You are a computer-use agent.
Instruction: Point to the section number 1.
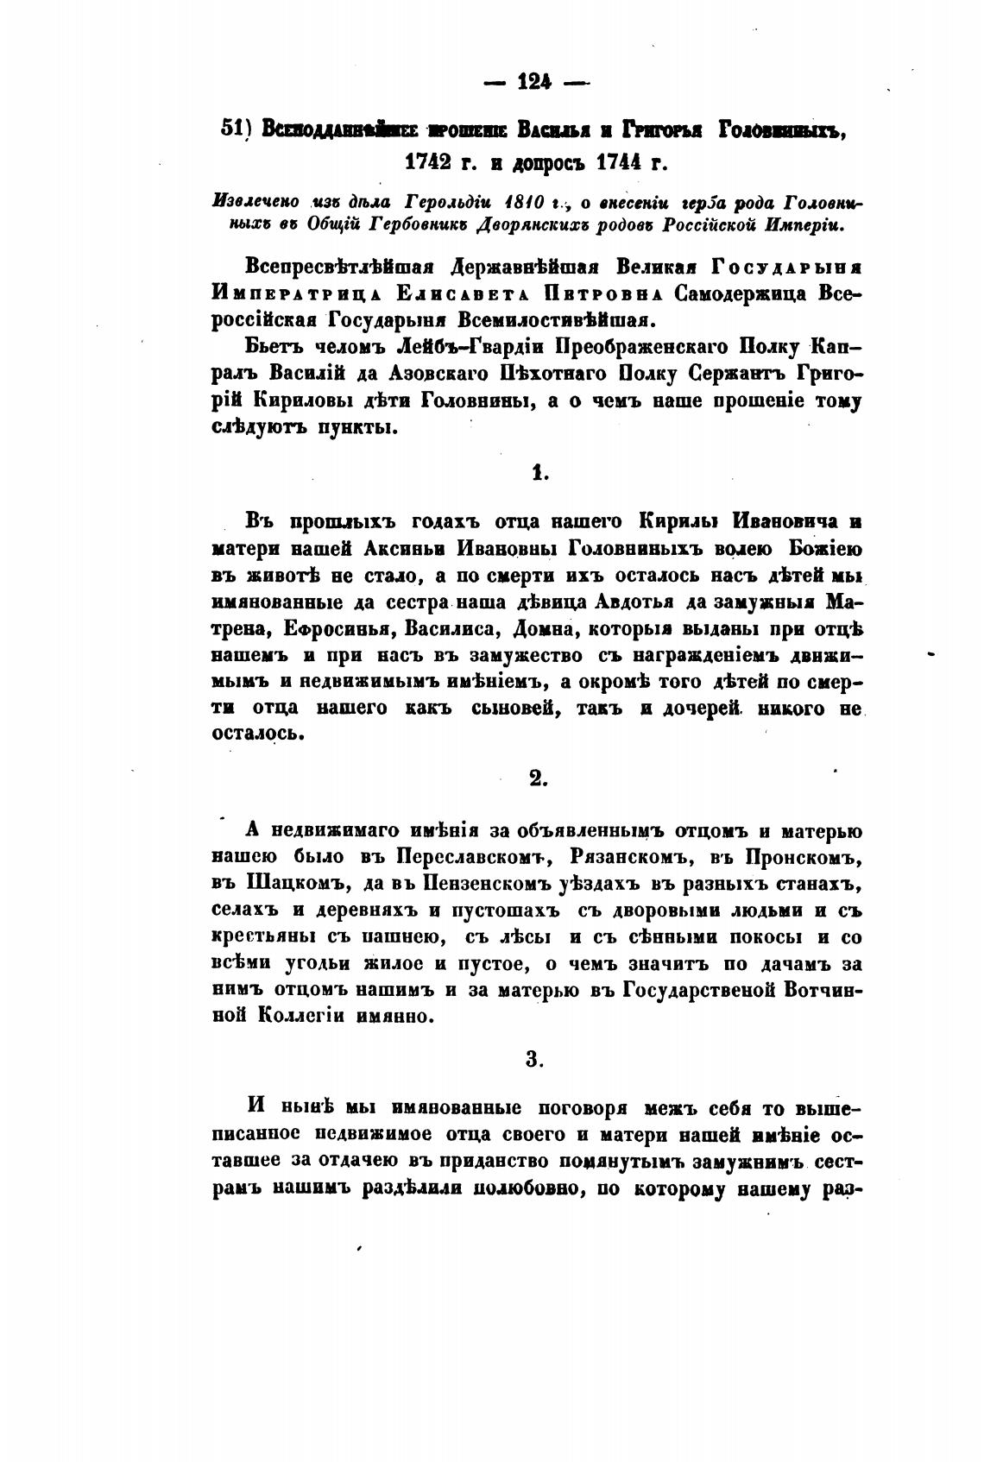click(x=537, y=471)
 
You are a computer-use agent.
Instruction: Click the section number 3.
click(x=536, y=1059)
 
